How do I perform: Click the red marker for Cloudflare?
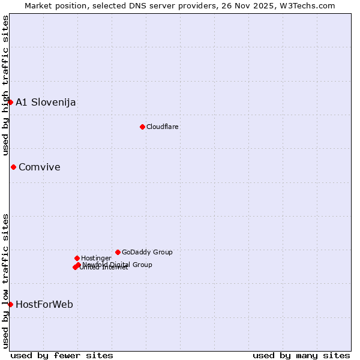[x=142, y=127]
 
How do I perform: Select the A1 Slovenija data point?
[x=10, y=102]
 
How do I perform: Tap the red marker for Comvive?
[x=13, y=167]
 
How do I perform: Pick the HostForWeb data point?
[x=10, y=304]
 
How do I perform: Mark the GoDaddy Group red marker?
[x=118, y=252]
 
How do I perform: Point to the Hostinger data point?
[x=77, y=258]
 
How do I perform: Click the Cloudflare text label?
[x=163, y=127]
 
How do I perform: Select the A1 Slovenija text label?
[x=46, y=102]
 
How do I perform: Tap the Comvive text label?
[x=40, y=167]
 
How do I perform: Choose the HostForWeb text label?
[x=44, y=304]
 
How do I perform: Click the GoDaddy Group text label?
[x=147, y=252]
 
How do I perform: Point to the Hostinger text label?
[x=97, y=258]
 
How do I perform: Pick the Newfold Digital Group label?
[x=118, y=265]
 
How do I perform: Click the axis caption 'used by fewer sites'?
[x=62, y=355]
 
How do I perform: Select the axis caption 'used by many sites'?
[x=301, y=355]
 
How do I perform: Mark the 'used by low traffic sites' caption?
[x=5, y=281]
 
